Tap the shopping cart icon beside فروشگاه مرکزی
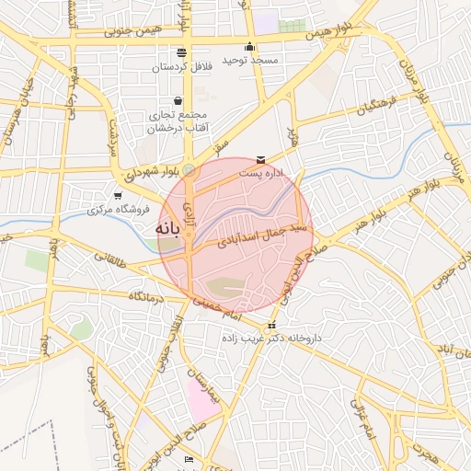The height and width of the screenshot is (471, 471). coord(117,195)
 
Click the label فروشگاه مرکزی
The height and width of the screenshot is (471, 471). coord(117,210)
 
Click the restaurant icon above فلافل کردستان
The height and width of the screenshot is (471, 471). coord(181,52)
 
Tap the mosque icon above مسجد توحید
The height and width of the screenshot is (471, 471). coord(249,47)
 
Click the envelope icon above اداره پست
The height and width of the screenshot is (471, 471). coord(262,159)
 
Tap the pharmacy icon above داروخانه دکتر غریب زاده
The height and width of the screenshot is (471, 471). coord(270,326)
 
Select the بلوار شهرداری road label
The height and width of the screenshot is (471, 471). coord(145,172)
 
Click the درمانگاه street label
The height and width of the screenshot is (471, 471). coord(146,297)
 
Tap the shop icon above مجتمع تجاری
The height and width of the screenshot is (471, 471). coord(178,101)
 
